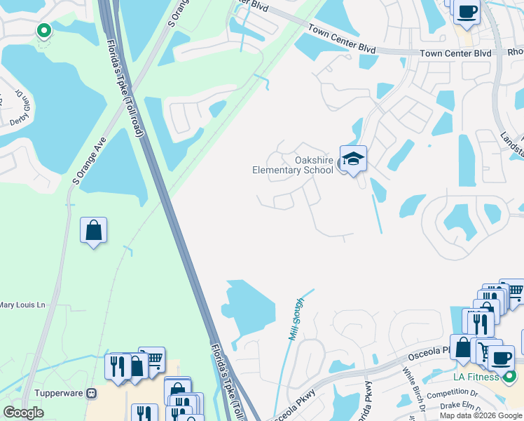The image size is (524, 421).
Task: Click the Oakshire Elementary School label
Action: pos(293,165)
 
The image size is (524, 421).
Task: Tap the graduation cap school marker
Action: pos(352,159)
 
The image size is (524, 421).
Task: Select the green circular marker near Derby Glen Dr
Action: pos(43,31)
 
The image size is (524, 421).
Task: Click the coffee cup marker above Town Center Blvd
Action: pos(466,12)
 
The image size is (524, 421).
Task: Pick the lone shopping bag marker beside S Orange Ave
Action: pos(93,230)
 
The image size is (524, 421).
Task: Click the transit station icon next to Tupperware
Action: pos(90,394)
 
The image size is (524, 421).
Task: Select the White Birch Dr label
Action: pos(413,390)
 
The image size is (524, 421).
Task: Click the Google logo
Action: pos(23,413)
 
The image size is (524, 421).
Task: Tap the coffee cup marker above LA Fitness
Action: pos(500,358)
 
